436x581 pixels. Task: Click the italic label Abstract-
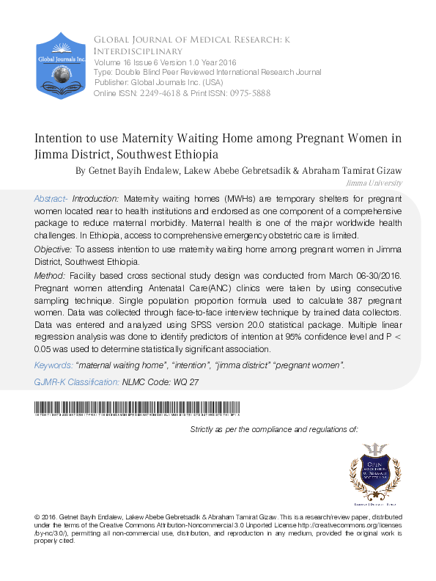point(51,199)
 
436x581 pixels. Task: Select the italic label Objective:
point(53,250)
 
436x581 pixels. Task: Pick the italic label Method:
point(49,274)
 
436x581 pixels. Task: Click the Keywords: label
point(53,365)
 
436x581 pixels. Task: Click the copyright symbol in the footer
point(37,518)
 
